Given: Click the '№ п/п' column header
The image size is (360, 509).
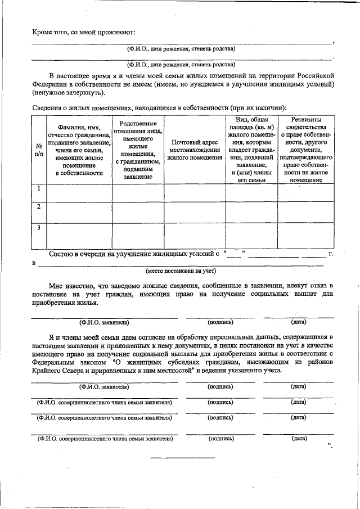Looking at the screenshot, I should [x=38, y=150].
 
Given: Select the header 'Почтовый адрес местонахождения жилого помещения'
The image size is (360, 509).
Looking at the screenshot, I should [x=195, y=150].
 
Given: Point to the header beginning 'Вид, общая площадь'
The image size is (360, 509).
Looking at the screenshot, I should [x=251, y=150].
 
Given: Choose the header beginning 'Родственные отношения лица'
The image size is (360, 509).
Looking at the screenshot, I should [x=138, y=150].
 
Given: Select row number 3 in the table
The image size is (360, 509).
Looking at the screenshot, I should [x=38, y=228].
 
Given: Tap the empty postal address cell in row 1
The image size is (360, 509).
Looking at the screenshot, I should [x=195, y=192].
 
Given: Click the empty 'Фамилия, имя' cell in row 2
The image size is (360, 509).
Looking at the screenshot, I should [x=79, y=213].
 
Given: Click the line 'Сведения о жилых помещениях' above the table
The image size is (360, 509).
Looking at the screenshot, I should [x=159, y=107].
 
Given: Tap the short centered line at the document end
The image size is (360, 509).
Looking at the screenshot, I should [x=175, y=457].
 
